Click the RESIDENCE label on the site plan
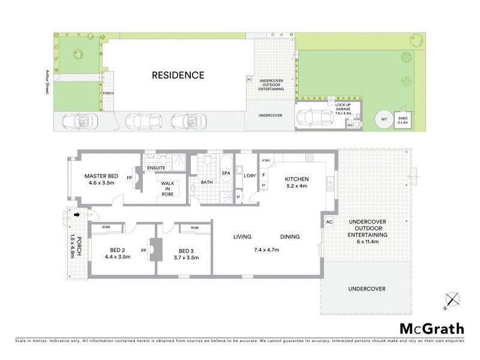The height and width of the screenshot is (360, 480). [178, 76]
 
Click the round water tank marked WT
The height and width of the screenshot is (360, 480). [383, 119]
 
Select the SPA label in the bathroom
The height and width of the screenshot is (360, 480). [226, 173]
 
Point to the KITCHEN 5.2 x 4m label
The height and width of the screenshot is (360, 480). [296, 182]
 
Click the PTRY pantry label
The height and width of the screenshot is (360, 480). [265, 160]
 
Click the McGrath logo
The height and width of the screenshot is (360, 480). [432, 328]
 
